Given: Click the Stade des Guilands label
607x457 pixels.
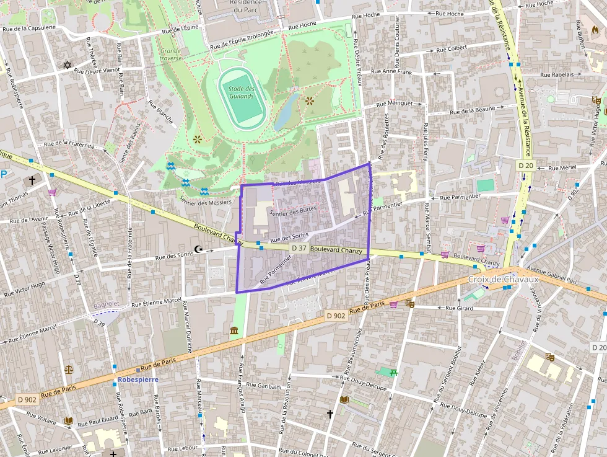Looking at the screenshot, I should [x=241, y=92].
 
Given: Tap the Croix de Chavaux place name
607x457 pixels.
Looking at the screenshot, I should [x=503, y=279].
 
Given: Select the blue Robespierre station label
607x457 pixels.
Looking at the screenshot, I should [x=138, y=379].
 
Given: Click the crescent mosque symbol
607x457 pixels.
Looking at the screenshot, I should [x=199, y=249].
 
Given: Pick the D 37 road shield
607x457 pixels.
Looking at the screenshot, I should [x=299, y=248].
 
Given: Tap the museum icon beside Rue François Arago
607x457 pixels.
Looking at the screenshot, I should [x=234, y=331].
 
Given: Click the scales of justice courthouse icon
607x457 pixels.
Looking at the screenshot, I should [x=68, y=370].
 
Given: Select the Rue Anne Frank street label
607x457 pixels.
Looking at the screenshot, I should [x=397, y=71].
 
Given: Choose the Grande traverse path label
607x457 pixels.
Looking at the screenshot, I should [x=171, y=55].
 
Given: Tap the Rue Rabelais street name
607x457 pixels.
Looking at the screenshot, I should [x=556, y=74].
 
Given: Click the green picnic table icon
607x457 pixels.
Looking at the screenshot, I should [x=393, y=372].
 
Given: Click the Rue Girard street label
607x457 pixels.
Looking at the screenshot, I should [x=459, y=308].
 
